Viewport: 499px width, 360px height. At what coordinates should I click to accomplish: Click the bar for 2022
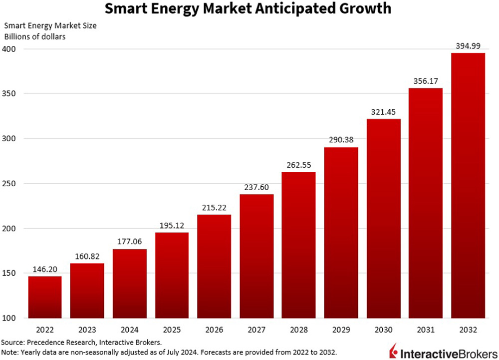click(x=45, y=297)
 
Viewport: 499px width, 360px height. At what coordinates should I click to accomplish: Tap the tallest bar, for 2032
click(x=468, y=185)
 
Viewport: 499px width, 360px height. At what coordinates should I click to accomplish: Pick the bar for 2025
click(x=172, y=275)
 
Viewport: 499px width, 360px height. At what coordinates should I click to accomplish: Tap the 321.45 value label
click(x=383, y=112)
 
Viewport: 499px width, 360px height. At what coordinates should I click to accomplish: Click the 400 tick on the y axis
click(x=9, y=49)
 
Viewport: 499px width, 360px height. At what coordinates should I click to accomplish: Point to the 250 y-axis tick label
click(x=9, y=184)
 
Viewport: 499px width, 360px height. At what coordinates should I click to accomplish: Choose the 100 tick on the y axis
click(x=9, y=318)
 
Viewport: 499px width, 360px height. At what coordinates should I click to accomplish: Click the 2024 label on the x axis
click(x=129, y=330)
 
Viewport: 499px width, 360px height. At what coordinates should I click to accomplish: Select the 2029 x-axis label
click(x=341, y=330)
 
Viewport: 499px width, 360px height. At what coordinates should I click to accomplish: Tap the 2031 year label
click(x=426, y=330)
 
